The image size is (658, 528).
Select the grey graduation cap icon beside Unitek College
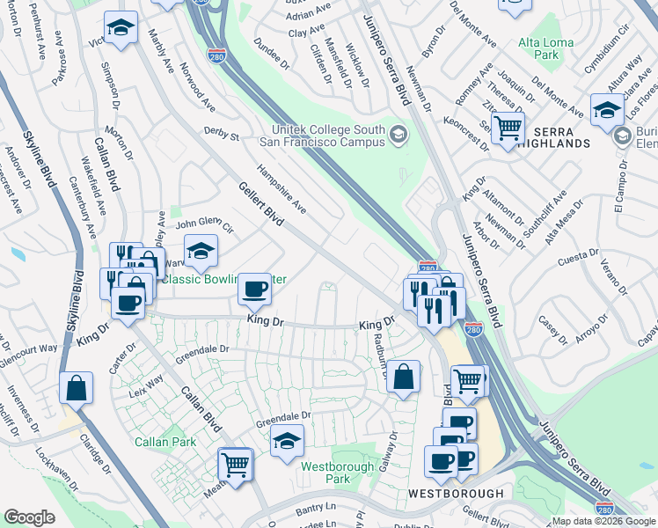398,134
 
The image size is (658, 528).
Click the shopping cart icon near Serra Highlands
508,128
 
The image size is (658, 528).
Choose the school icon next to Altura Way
607,110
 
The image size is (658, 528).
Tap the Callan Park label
165,442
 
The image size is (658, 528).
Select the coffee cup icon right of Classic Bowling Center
254,287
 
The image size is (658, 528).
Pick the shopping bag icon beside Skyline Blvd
77,387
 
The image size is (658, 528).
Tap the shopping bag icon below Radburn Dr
403,378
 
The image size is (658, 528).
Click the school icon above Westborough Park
287,442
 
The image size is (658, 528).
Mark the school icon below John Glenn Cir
201,253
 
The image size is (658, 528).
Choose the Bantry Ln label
316,508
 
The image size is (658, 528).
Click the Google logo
29,517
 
